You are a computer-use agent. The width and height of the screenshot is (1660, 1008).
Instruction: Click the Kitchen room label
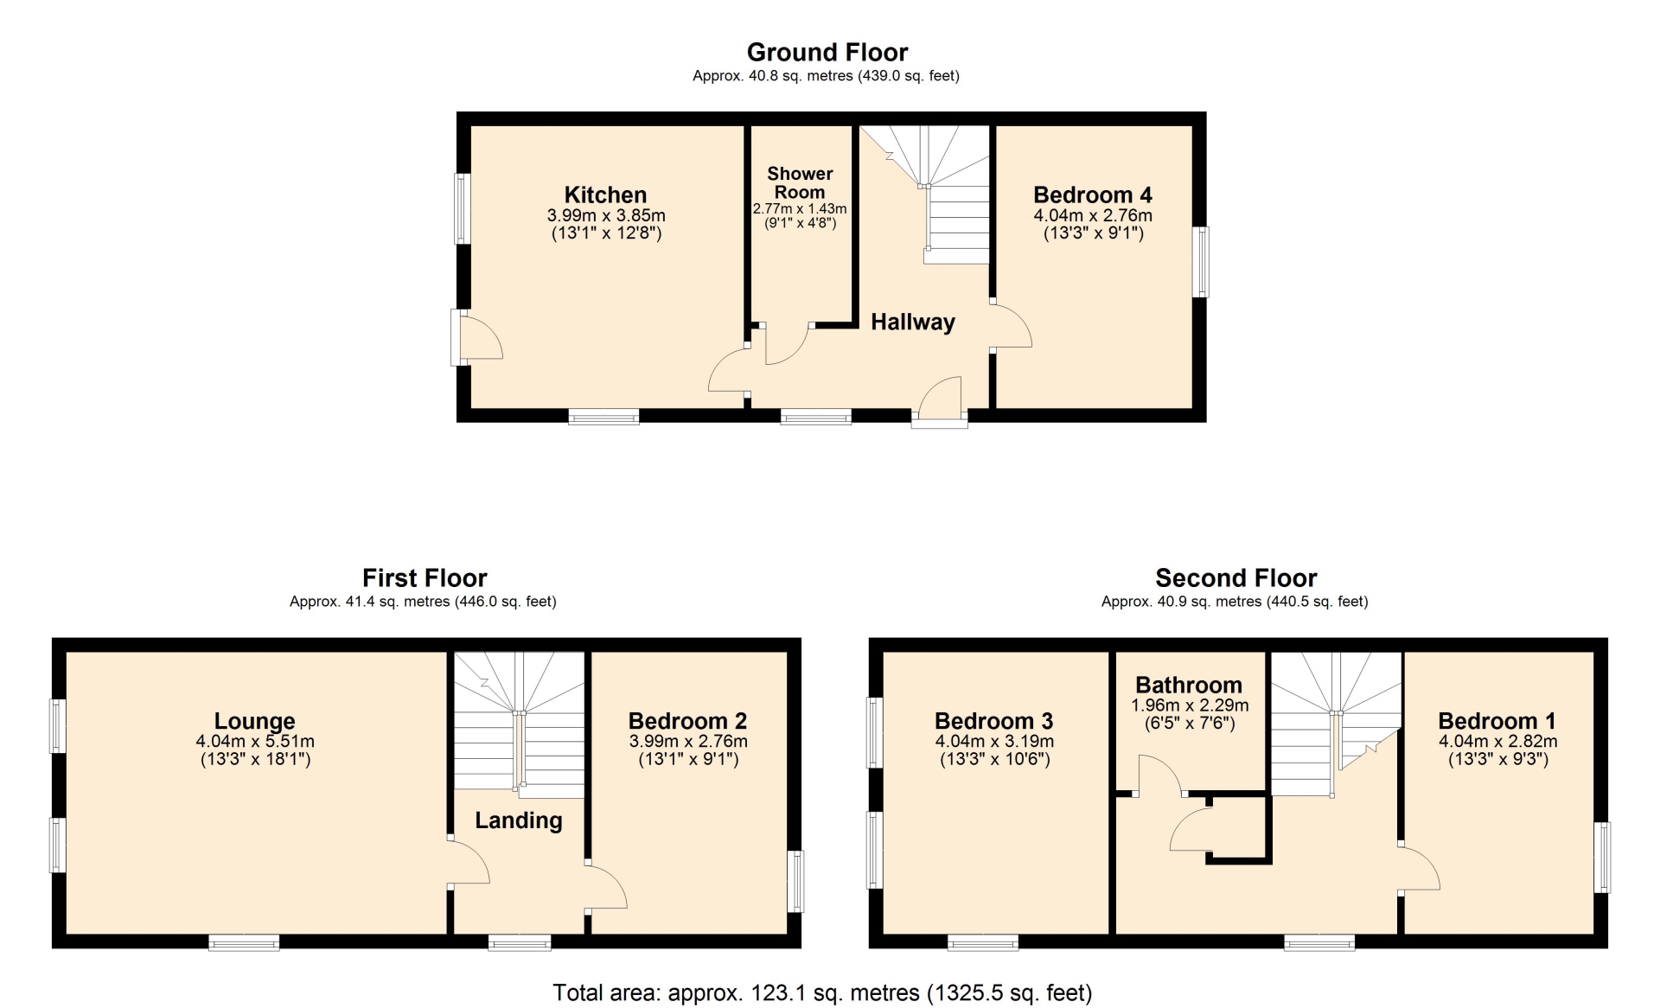pyautogui.click(x=605, y=195)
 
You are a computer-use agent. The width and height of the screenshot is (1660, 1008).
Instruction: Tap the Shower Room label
pyautogui.click(x=800, y=183)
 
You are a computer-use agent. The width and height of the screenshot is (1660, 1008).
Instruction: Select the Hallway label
pyautogui.click(x=913, y=322)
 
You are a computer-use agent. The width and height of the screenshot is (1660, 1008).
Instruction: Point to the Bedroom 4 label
pyautogui.click(x=1093, y=195)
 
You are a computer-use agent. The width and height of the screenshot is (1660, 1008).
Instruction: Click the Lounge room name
pyautogui.click(x=255, y=721)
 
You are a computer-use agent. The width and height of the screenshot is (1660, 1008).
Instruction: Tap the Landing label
pyautogui.click(x=519, y=820)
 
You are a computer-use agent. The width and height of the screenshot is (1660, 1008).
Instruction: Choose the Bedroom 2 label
pyautogui.click(x=687, y=721)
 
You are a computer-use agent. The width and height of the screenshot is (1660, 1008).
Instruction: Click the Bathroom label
pyautogui.click(x=1189, y=685)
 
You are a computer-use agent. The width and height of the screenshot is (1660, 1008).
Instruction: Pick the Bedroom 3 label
pyautogui.click(x=994, y=721)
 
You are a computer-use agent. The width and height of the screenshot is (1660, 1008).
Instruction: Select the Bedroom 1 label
pyautogui.click(x=1497, y=721)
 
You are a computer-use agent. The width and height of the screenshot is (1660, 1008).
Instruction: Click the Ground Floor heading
pyautogui.click(x=827, y=53)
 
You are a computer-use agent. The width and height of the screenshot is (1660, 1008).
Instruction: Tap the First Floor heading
pyautogui.click(x=425, y=577)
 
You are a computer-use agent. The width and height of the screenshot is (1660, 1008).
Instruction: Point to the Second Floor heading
pyautogui.click(x=1236, y=577)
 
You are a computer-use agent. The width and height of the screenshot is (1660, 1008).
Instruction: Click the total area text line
pyautogui.click(x=822, y=993)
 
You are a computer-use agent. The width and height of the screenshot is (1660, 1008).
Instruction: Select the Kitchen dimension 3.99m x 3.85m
pyautogui.click(x=606, y=215)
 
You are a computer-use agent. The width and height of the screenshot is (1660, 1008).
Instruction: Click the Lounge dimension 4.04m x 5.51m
pyautogui.click(x=255, y=741)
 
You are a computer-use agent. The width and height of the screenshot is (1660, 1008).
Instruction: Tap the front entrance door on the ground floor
pyautogui.click(x=940, y=402)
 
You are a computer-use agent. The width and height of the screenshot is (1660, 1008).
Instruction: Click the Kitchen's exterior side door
pyautogui.click(x=477, y=337)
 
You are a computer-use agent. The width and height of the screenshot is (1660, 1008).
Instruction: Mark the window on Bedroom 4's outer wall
pyautogui.click(x=1200, y=262)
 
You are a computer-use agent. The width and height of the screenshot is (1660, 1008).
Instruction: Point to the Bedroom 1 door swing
pyautogui.click(x=1420, y=867)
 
